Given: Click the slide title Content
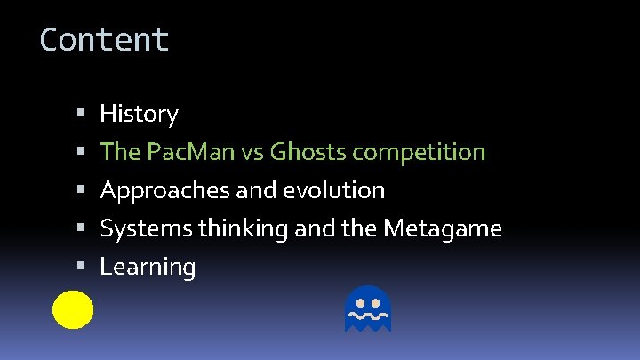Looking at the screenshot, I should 104,39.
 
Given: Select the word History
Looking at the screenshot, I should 139,114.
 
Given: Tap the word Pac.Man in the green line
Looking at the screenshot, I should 188,152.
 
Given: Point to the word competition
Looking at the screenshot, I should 419,152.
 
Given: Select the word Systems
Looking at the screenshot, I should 147,228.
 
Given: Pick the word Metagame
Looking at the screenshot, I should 442,228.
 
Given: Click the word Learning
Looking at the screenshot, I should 148,267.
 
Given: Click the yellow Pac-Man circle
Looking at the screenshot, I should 72,308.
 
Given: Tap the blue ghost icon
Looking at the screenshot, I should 367,308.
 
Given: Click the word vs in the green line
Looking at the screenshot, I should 252,152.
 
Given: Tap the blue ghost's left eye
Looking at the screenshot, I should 359,301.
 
